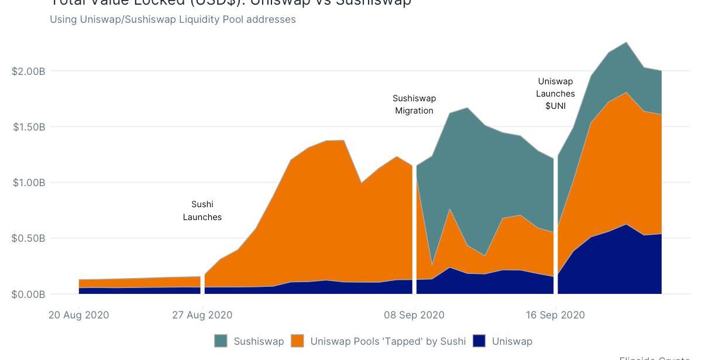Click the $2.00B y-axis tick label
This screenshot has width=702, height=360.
click(29, 71)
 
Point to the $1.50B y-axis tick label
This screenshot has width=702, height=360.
click(29, 127)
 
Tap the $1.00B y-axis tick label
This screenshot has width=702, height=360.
click(29, 183)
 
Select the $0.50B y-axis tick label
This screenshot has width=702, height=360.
click(29, 238)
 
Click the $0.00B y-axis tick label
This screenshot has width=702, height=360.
click(29, 294)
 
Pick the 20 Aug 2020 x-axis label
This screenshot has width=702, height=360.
click(78, 315)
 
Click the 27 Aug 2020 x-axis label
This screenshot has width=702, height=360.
click(202, 315)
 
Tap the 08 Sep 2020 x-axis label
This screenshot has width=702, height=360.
click(414, 315)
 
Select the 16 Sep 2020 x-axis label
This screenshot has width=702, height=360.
click(555, 315)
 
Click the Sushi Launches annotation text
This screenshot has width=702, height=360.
click(202, 211)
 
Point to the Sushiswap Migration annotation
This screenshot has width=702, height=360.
click(414, 104)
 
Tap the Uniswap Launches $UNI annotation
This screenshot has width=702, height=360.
click(556, 94)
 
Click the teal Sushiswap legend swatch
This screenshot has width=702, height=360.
click(221, 341)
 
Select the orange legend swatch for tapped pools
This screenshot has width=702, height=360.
click(298, 341)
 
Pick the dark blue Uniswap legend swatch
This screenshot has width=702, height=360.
click(480, 341)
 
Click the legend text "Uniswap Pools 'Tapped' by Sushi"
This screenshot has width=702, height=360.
click(388, 341)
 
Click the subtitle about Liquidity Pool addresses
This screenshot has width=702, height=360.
click(173, 19)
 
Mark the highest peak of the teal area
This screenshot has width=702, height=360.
click(627, 43)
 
